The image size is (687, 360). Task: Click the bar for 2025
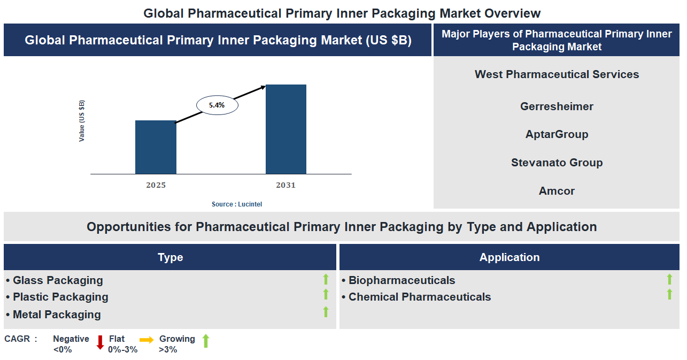coord(156,147)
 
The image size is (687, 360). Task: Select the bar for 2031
coord(286,129)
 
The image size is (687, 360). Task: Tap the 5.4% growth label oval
coord(217,105)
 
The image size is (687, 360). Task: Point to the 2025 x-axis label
coord(156,185)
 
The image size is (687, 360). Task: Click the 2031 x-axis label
coord(285,185)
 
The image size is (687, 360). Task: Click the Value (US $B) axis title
coord(82,121)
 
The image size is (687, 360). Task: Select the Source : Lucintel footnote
coord(237,204)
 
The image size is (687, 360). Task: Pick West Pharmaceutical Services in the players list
coord(557,74)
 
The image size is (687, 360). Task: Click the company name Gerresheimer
coord(557,106)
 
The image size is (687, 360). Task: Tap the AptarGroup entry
coord(557,134)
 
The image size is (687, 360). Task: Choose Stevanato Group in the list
coord(557,163)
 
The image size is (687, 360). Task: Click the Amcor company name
coord(557,191)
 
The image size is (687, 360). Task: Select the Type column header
coord(170,257)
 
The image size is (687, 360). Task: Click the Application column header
coord(510,257)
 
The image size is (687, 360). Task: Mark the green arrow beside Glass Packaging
coord(326,279)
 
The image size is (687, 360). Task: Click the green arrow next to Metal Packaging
coord(326,312)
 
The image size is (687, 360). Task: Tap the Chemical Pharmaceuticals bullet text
coord(420,297)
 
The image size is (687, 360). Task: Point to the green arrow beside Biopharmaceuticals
coord(669,279)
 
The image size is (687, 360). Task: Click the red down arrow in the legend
coord(100,342)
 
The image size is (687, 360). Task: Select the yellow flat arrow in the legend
coord(146,340)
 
